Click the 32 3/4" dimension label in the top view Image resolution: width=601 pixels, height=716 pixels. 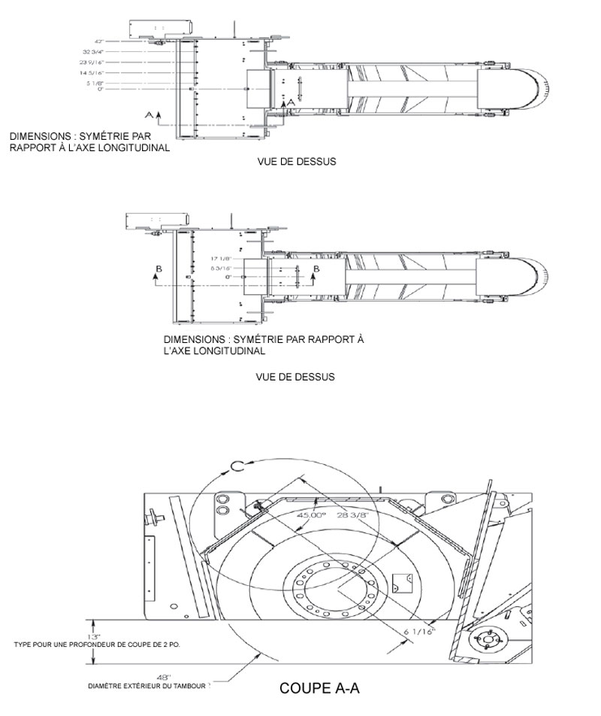92,52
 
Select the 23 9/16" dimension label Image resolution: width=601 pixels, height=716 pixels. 91,62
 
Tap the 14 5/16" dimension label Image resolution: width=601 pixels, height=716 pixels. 91,73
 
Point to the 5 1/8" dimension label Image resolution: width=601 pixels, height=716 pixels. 93,83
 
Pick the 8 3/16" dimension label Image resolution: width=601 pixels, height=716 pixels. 222,268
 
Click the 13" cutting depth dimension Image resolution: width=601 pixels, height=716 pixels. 94,636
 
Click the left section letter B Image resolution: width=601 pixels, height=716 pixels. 156,268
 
